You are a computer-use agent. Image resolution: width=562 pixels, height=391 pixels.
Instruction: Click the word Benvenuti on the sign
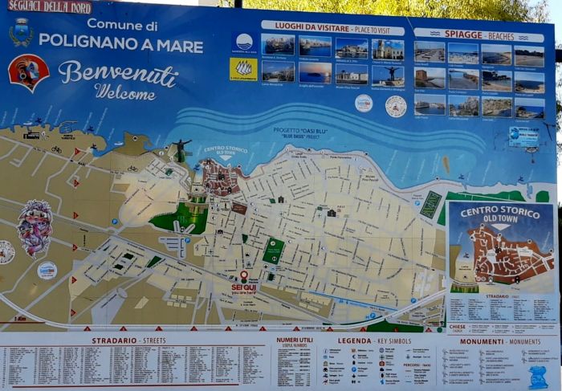[x=117, y=73]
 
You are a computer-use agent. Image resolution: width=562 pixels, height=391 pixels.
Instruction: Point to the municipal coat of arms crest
[x=21, y=32]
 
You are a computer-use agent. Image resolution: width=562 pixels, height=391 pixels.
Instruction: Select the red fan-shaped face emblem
[x=28, y=71]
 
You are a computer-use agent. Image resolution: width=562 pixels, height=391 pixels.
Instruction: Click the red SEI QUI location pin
[x=244, y=276]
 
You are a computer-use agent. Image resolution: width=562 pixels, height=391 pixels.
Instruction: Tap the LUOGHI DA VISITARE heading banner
[x=332, y=26]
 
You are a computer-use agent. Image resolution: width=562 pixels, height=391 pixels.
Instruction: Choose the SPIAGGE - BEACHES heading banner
[x=479, y=35]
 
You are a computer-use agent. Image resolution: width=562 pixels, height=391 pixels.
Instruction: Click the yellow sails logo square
[x=243, y=69]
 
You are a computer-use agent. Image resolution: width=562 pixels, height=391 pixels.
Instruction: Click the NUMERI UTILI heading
[x=295, y=340]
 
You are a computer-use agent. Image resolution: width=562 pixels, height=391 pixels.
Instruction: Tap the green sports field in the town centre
[x=273, y=251]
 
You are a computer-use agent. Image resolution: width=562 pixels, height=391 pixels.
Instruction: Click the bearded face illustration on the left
[x=35, y=227]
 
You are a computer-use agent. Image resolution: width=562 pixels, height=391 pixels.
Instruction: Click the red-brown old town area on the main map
[x=222, y=178]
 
